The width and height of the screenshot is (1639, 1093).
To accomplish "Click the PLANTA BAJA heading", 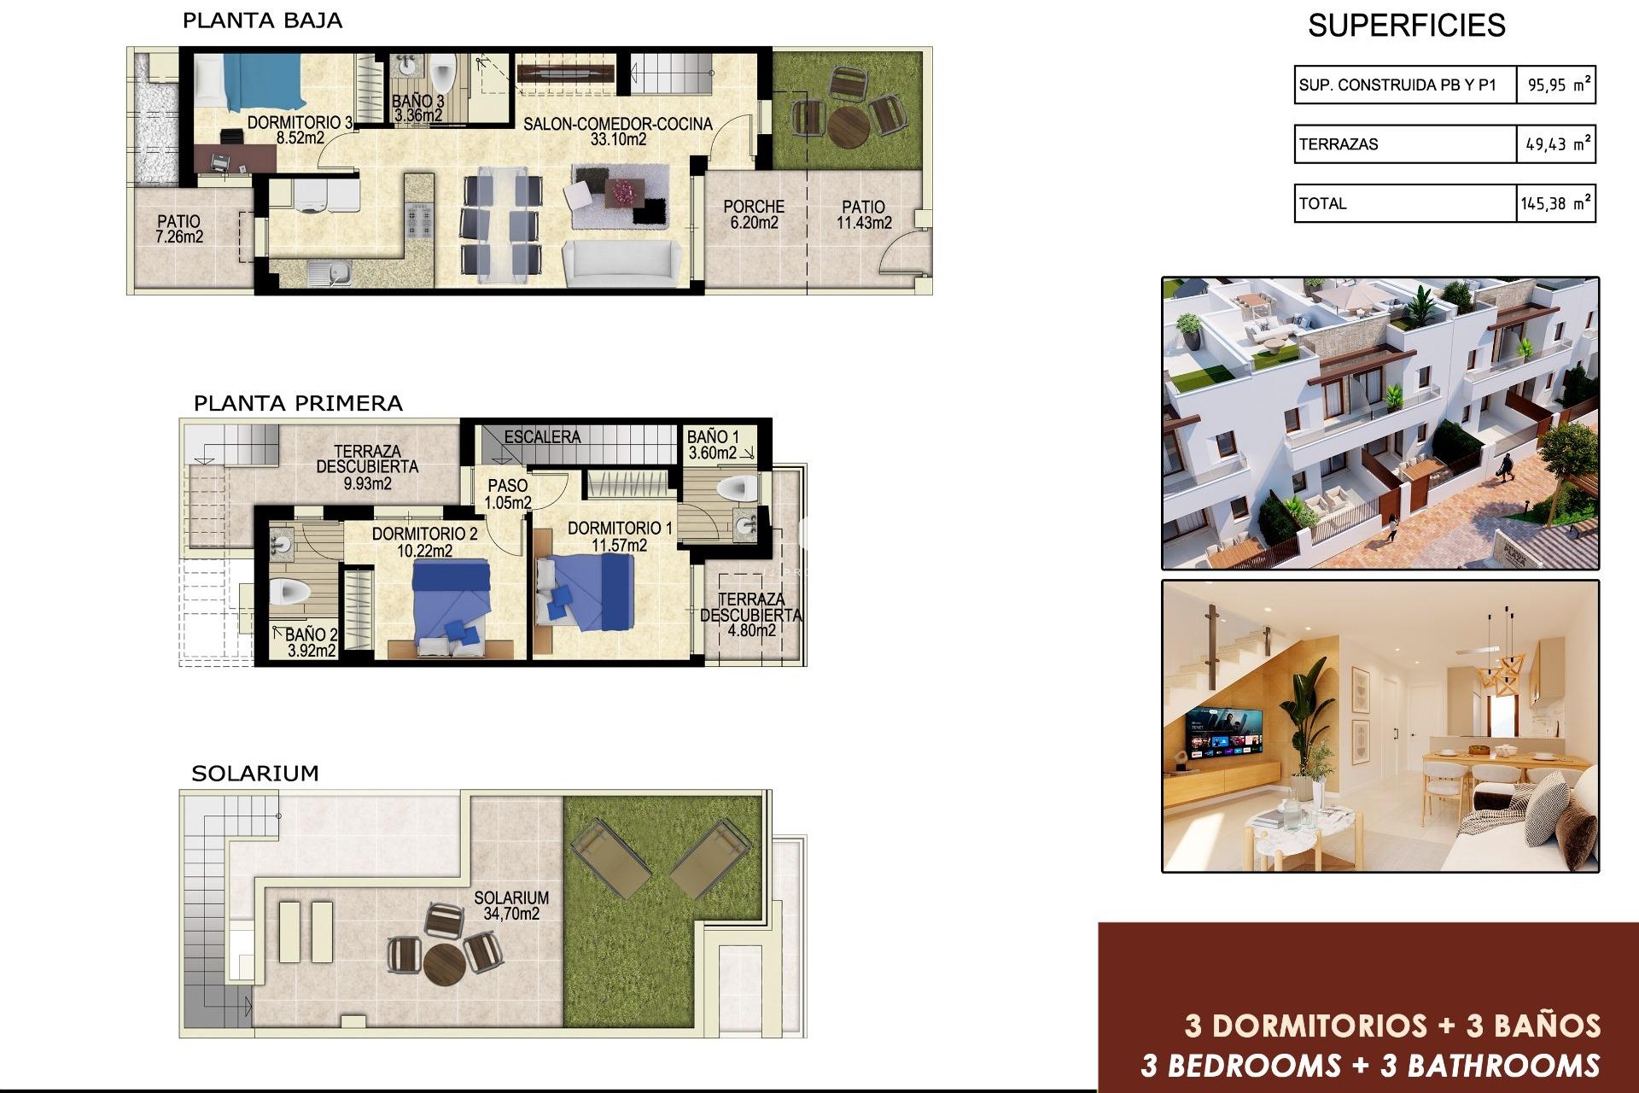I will [262, 20].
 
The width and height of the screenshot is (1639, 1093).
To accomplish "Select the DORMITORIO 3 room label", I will [300, 123].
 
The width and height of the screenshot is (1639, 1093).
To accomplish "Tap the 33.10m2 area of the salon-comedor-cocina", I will [618, 140].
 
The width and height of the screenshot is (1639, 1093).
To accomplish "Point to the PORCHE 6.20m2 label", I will [754, 214].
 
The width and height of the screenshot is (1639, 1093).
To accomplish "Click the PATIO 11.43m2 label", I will [864, 214].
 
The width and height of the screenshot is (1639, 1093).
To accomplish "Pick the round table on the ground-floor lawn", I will [849, 126].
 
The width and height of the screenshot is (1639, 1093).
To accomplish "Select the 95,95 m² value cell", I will [1557, 85].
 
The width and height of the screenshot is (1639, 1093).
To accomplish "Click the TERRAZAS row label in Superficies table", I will [1339, 144].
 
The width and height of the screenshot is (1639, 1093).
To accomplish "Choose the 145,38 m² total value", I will [1555, 204].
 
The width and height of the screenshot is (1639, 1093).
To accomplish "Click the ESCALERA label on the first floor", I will [542, 436].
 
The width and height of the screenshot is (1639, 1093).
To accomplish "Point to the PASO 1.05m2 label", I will [508, 494].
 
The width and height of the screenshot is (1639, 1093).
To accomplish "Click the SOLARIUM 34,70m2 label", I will [511, 905].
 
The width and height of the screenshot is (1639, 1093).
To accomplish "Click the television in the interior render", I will [1222, 734].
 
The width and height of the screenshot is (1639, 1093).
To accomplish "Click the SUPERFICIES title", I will [1406, 26].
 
